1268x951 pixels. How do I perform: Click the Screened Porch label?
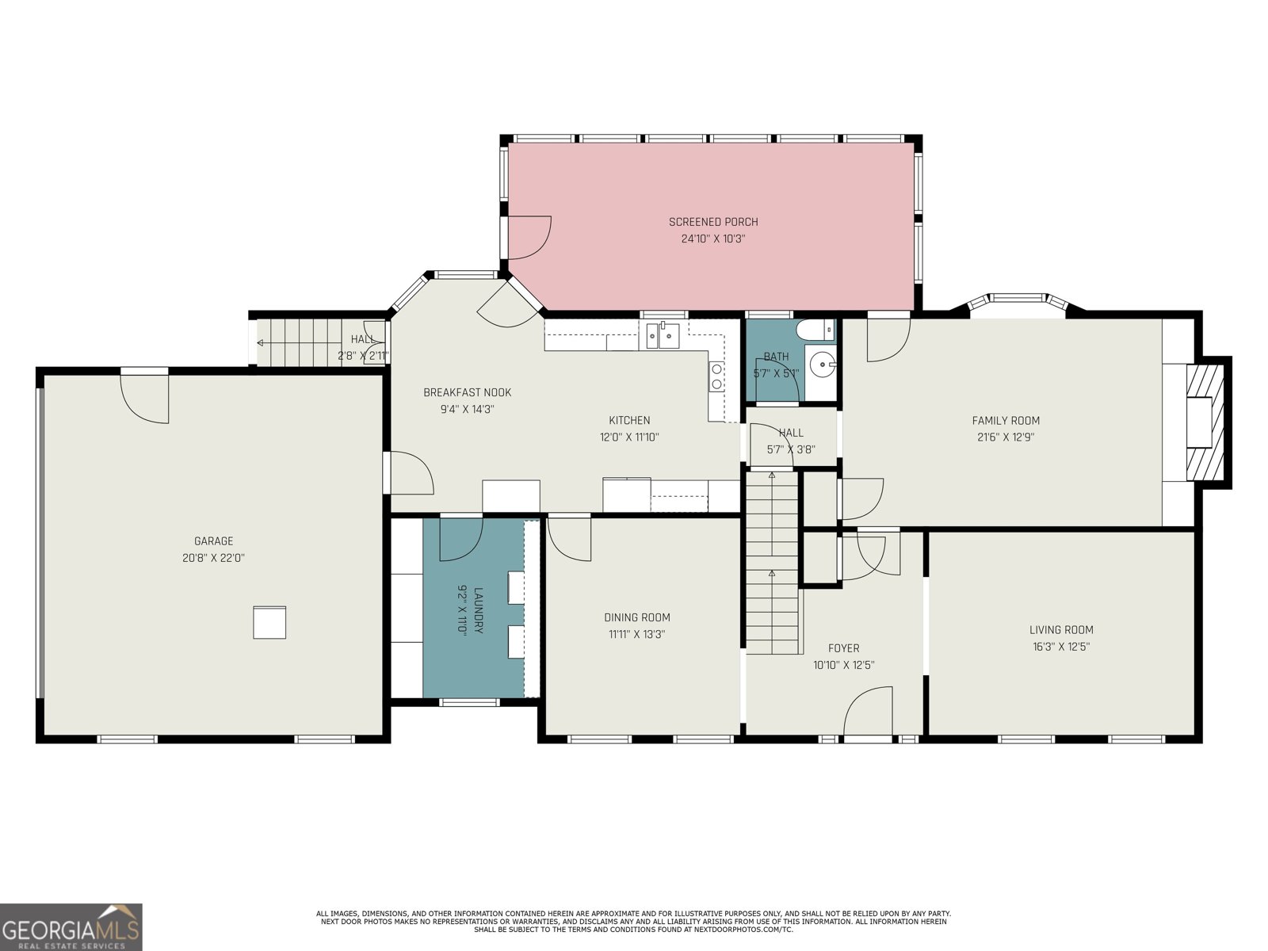713,222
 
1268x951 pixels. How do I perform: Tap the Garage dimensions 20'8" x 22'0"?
213,558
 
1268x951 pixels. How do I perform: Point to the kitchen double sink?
663,336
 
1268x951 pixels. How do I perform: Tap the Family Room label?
1006,421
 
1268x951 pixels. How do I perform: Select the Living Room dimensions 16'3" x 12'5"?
1061,647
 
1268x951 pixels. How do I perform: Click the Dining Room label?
637,617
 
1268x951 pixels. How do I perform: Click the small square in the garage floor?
269,622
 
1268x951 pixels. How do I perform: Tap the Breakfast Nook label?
467,392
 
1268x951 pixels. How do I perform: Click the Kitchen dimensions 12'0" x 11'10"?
629,437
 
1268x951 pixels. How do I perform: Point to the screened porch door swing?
529,237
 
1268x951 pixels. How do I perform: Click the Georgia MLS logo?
71,926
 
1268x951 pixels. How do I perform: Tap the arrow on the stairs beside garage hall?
262,343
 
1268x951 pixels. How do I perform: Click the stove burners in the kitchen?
716,376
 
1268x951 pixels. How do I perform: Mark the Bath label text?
776,357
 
